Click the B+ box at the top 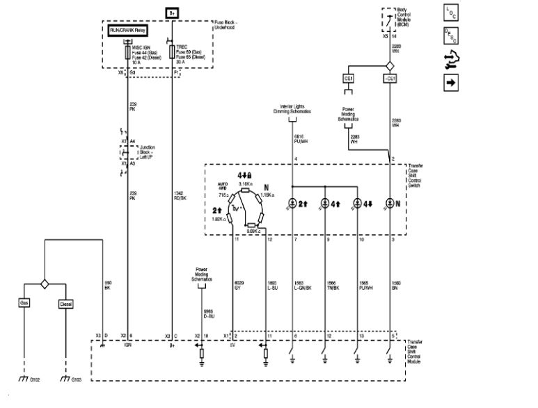click(x=172, y=13)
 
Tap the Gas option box click(x=24, y=304)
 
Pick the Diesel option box click(x=65, y=304)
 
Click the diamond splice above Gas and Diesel click(x=45, y=284)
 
